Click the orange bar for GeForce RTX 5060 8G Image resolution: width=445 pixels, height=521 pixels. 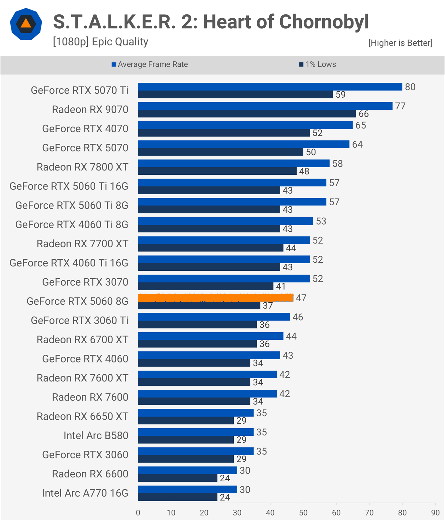coord(216,298)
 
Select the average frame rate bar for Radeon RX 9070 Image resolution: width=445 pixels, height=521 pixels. coord(265,106)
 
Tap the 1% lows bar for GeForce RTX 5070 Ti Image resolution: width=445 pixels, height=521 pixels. coord(235,94)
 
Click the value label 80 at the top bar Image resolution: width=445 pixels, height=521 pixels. coord(410,87)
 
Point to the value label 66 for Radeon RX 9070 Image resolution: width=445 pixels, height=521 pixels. coord(364,114)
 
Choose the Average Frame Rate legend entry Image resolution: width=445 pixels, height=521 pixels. coord(150,64)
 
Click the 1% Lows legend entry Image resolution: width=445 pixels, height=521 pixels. coord(318,64)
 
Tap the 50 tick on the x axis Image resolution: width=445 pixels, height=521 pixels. coord(303,513)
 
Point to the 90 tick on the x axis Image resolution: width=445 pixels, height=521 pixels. coord(435,513)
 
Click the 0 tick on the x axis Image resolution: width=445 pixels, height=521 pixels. coord(138,513)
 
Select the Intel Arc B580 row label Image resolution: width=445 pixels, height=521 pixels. coord(96,435)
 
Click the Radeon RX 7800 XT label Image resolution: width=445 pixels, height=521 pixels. coord(82,167)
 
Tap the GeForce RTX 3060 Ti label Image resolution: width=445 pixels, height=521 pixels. coord(80,321)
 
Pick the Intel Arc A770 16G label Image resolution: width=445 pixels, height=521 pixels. coord(85,493)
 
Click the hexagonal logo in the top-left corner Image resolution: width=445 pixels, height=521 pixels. coord(26,24)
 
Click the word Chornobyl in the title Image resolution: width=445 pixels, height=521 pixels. coord(324,22)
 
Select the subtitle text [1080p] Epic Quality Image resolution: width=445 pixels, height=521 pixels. coord(101,42)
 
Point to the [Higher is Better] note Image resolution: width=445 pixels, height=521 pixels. coord(400,43)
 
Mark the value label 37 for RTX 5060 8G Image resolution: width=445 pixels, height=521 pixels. coord(268,306)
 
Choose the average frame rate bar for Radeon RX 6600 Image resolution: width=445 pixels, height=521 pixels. coord(188,470)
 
